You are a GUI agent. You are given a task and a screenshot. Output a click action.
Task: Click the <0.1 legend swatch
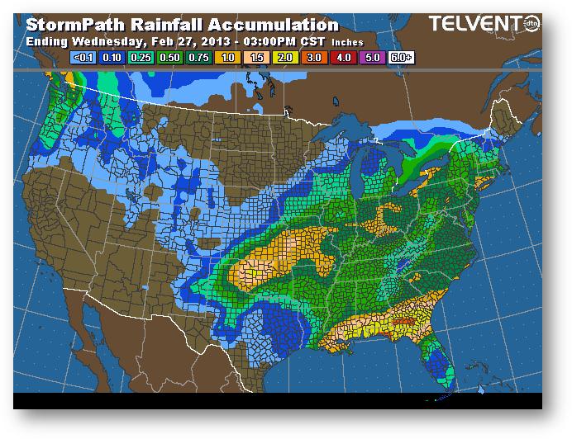pos(81,57)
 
